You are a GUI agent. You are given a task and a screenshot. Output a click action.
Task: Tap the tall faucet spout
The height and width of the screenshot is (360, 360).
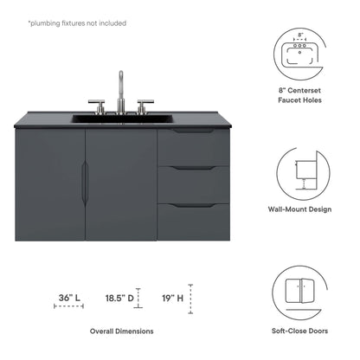121,86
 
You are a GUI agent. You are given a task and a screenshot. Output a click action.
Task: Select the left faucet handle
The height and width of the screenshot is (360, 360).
100,105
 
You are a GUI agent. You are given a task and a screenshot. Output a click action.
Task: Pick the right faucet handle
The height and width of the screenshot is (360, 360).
141,105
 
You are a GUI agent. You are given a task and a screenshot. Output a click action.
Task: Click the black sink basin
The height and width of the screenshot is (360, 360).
120,117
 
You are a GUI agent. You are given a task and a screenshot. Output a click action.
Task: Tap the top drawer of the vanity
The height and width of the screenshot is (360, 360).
193,146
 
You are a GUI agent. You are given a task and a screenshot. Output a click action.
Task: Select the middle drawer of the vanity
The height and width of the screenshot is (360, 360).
193,183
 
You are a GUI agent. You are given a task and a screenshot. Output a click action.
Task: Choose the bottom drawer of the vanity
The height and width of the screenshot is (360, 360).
193,221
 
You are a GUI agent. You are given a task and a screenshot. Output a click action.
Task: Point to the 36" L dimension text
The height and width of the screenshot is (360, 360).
69,298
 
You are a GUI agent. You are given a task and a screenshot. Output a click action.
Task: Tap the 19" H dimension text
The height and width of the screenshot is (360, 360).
172,298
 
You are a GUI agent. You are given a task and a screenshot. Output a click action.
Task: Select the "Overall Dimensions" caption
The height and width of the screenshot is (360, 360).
122,331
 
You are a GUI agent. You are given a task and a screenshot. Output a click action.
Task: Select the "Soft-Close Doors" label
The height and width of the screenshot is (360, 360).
299,331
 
